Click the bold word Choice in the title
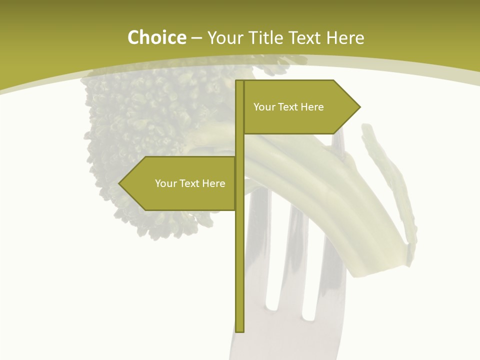(x=156, y=38)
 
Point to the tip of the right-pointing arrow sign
(x=359, y=106)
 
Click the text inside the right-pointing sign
(x=288, y=107)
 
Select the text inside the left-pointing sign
(x=190, y=183)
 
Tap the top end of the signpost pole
(x=239, y=81)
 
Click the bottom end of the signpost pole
(x=239, y=330)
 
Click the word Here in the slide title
(x=345, y=38)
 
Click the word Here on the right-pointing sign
(x=312, y=107)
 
